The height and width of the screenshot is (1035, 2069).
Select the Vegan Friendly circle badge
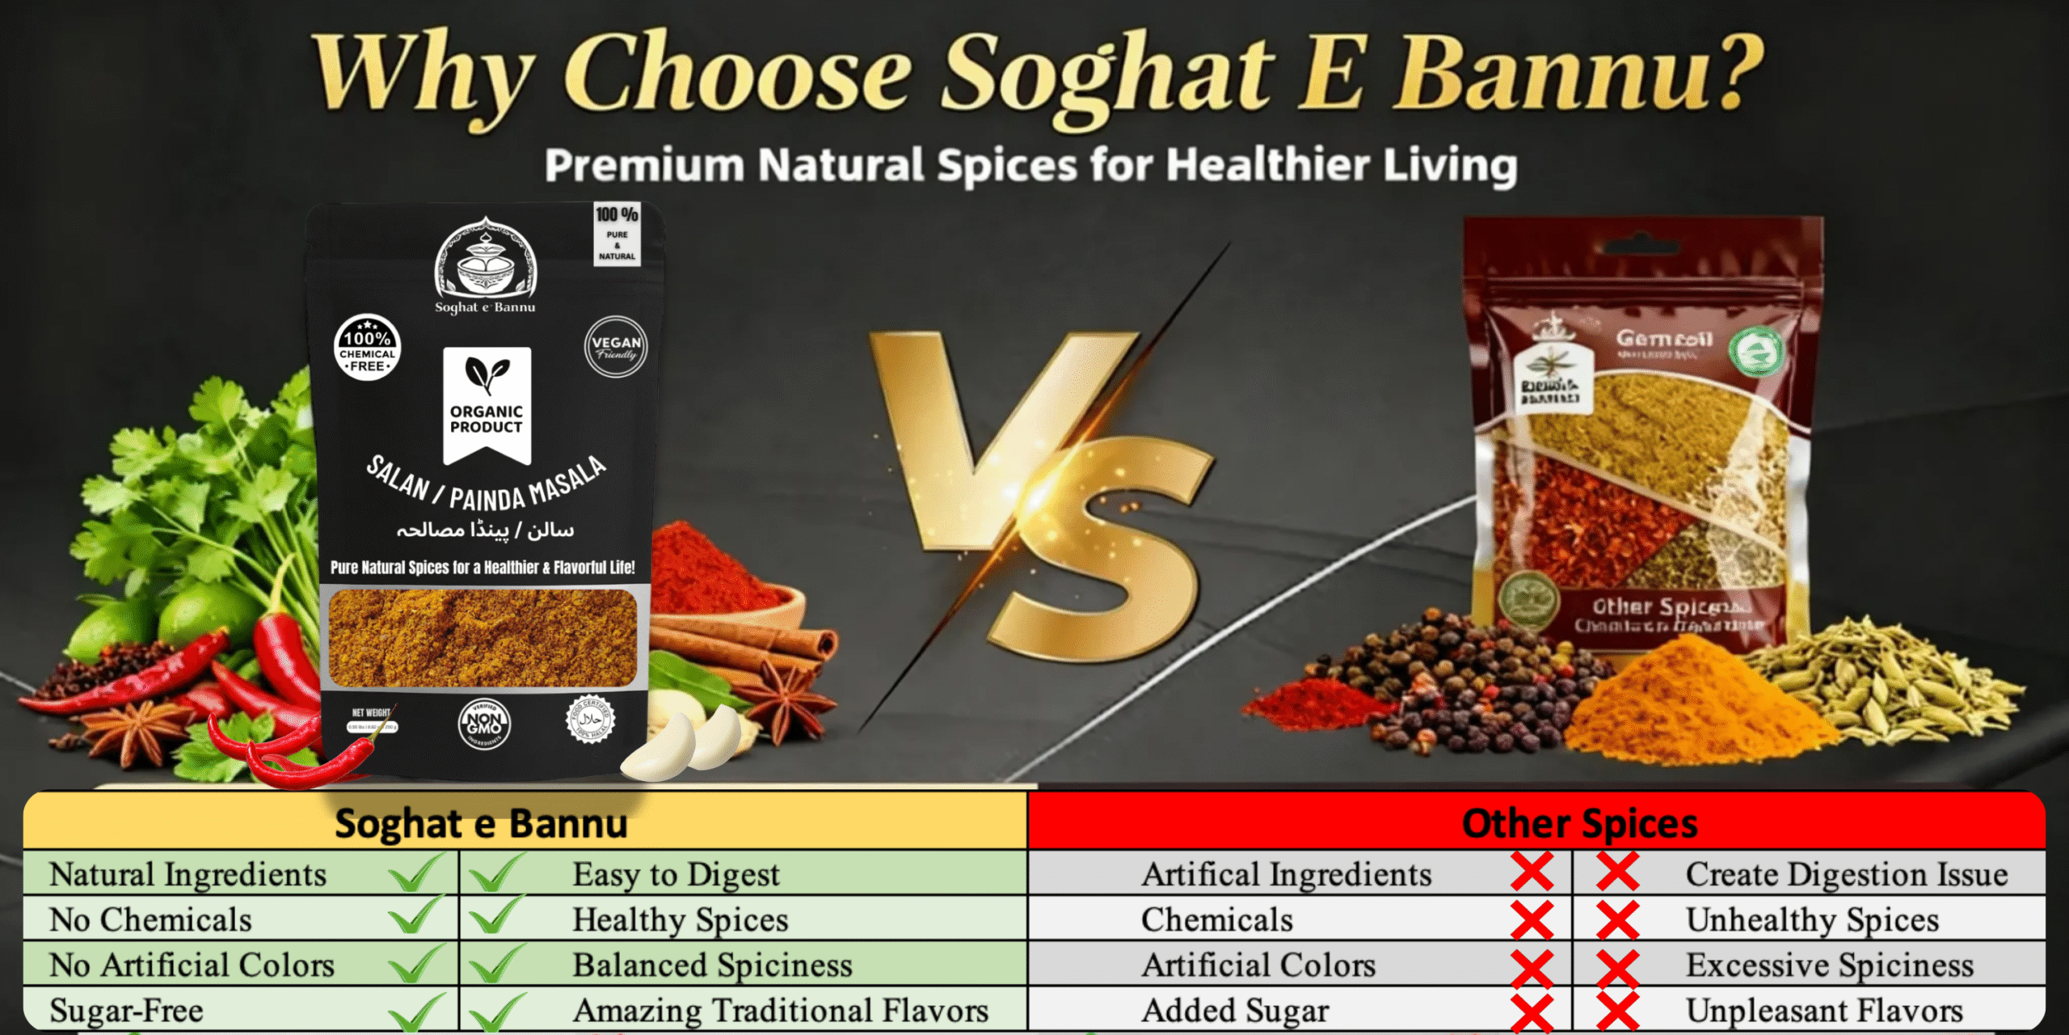pyautogui.click(x=616, y=347)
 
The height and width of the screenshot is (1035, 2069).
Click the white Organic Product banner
pyautogui.click(x=487, y=404)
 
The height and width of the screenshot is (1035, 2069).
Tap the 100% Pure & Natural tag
pyautogui.click(x=617, y=234)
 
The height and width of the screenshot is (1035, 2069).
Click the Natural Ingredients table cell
pyautogui.click(x=188, y=874)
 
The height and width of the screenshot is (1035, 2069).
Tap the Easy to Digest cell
pyautogui.click(x=676, y=874)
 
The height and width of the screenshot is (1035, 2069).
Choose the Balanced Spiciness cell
pyautogui.click(x=711, y=965)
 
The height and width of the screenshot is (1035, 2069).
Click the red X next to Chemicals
pyautogui.click(x=1532, y=919)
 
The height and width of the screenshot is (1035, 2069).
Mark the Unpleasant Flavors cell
pyautogui.click(x=1823, y=1010)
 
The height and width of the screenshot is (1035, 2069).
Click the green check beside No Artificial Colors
pyautogui.click(x=415, y=964)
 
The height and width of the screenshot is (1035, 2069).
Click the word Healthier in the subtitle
pyautogui.click(x=1267, y=165)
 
